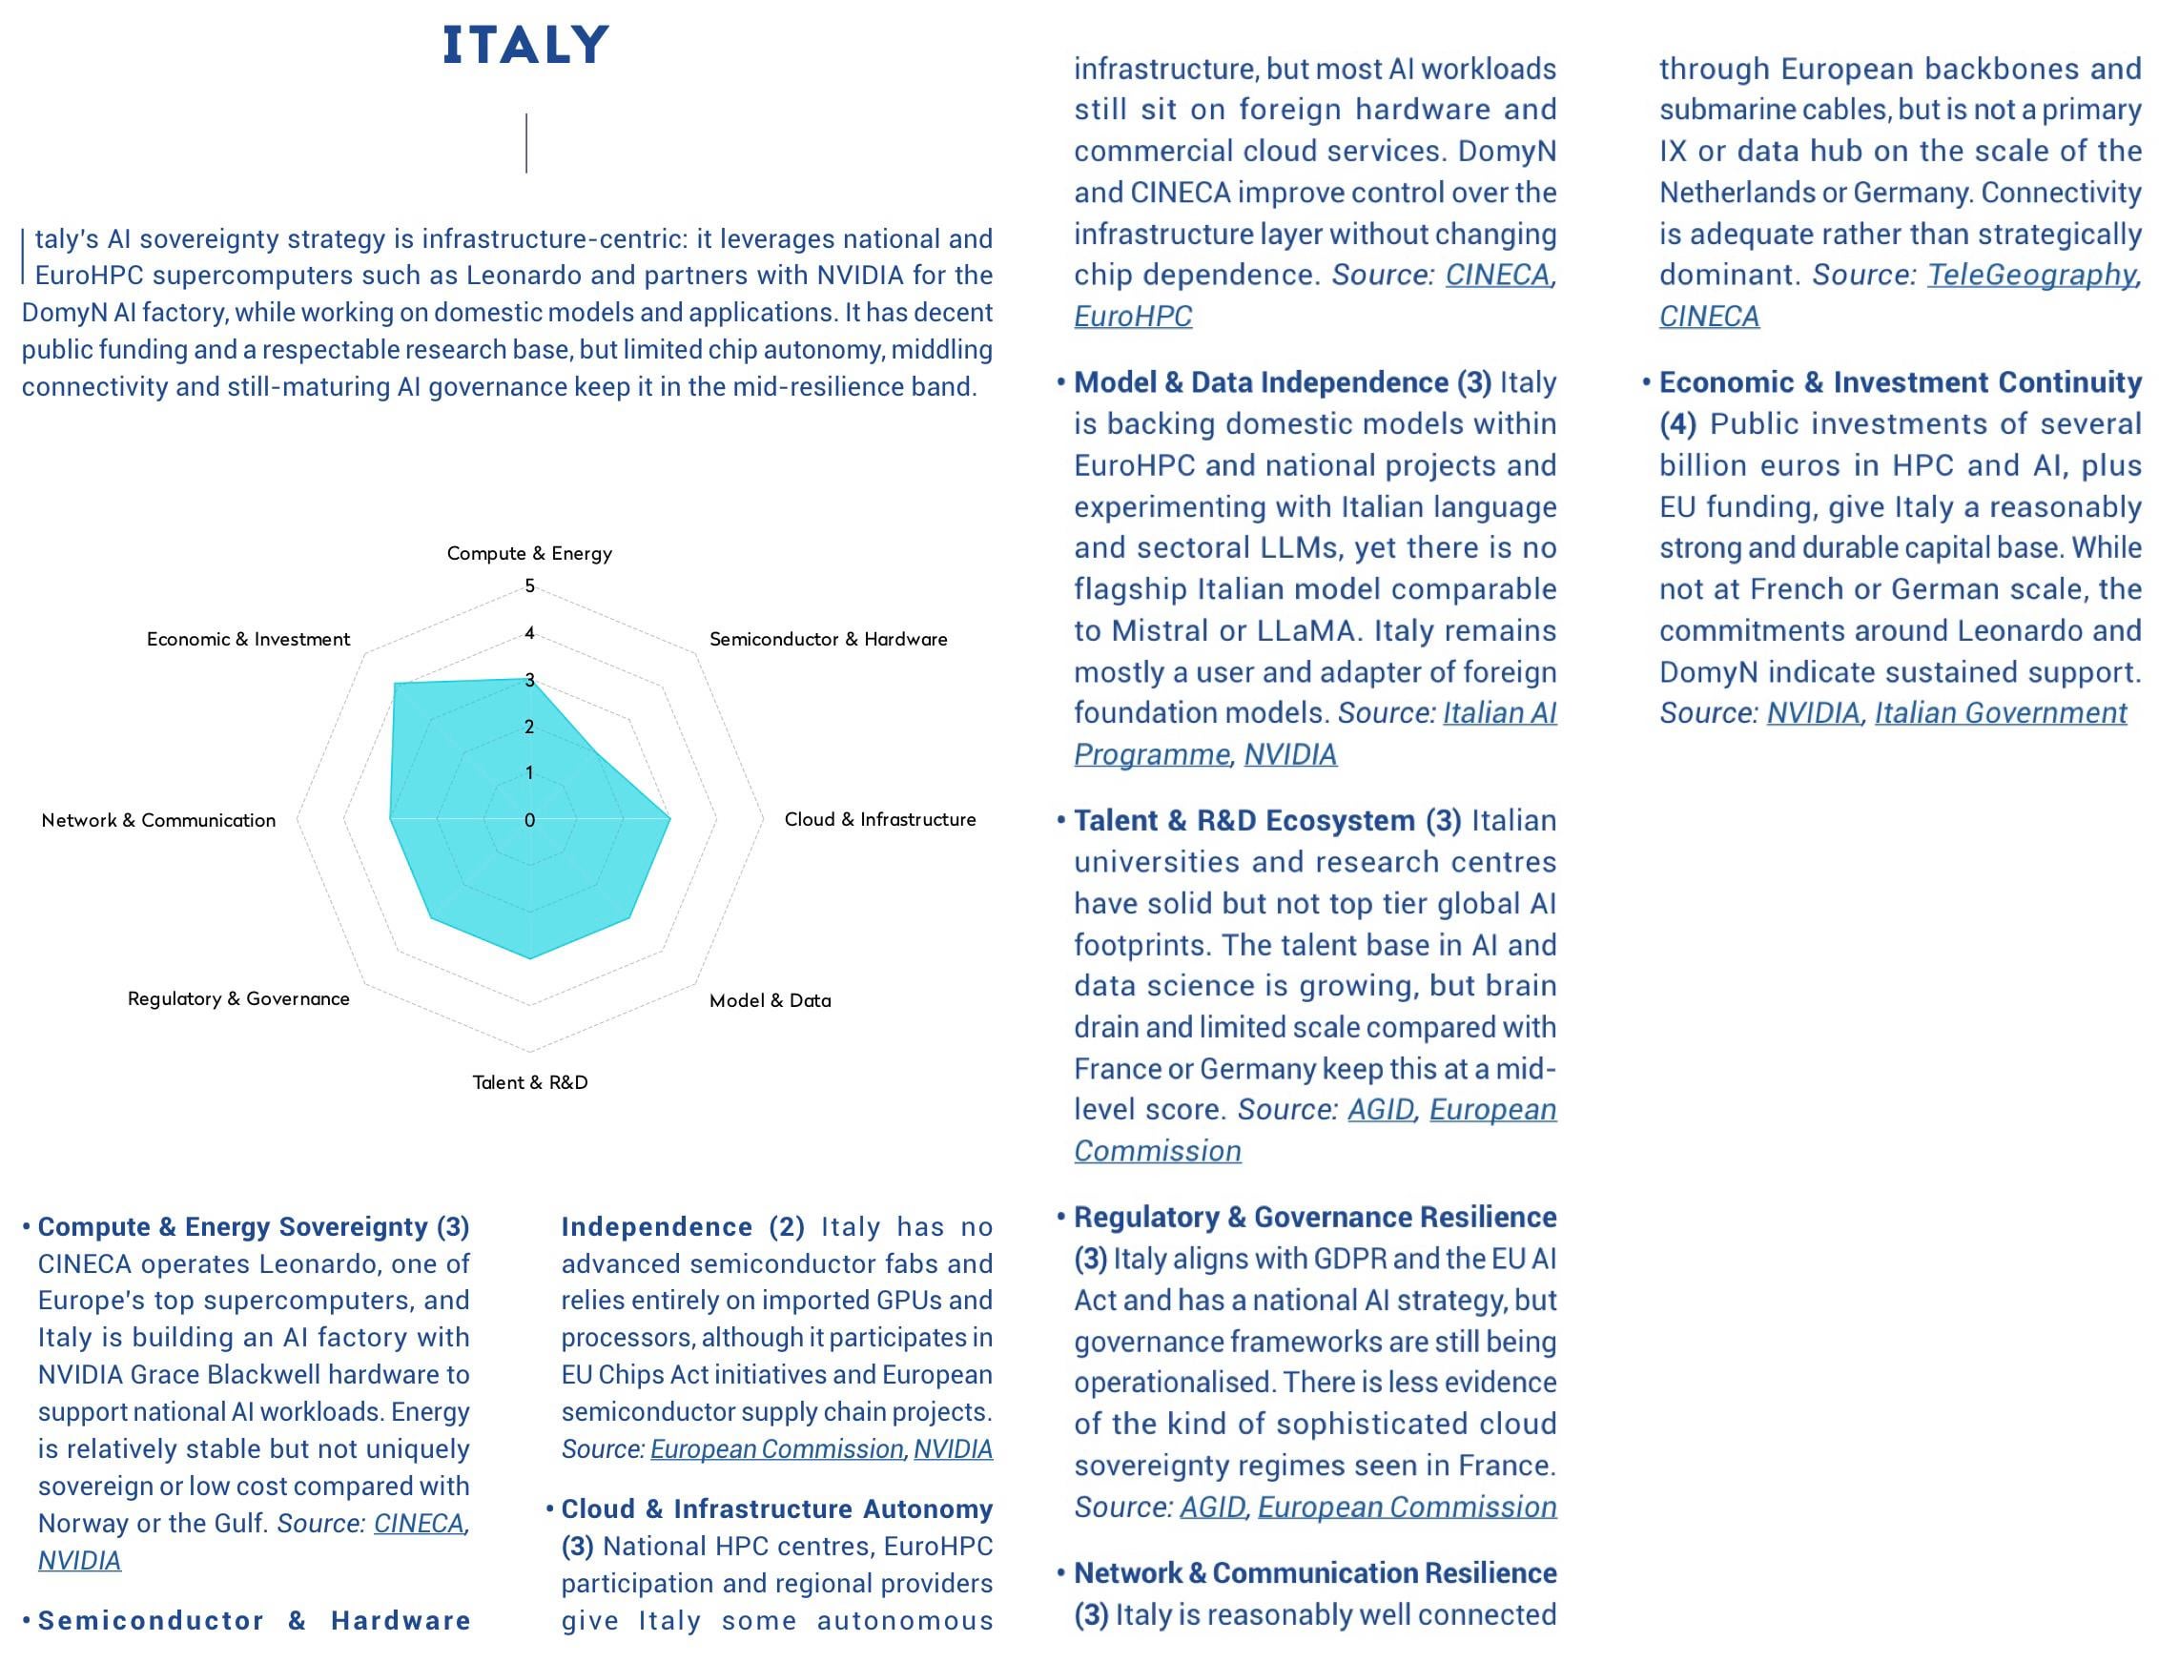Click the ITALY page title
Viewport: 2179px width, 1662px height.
pos(525,46)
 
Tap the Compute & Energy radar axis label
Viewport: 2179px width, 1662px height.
pos(529,553)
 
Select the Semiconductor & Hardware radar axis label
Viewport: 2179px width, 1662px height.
pos(828,639)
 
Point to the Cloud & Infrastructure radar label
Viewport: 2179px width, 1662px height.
pos(879,819)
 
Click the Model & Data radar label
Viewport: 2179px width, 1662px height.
pos(770,1000)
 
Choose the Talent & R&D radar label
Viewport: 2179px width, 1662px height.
pos(529,1082)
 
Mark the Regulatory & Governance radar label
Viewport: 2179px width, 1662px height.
pos(238,998)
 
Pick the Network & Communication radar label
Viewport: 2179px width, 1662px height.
pos(158,820)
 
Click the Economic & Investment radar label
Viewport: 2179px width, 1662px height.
pos(248,639)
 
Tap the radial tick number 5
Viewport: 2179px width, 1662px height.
pos(529,585)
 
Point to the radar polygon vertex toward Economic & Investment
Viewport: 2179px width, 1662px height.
pos(396,684)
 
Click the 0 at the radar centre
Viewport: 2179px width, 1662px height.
pos(529,820)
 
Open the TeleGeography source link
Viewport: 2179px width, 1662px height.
pos(2030,275)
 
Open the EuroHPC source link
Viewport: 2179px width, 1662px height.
pos(1133,317)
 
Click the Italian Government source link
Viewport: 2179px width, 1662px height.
pos(2000,713)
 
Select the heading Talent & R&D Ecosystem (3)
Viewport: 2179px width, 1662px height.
pos(1267,821)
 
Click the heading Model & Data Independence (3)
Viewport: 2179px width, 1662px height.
pos(1283,383)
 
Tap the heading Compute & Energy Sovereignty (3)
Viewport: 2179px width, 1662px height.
pos(254,1226)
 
